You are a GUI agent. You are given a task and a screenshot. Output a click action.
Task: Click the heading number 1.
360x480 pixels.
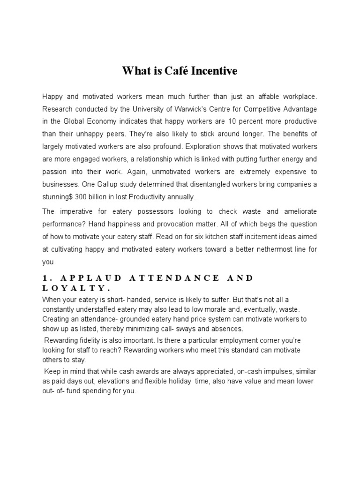pos(45,278)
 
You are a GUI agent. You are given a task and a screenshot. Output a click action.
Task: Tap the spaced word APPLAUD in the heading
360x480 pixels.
pos(87,278)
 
